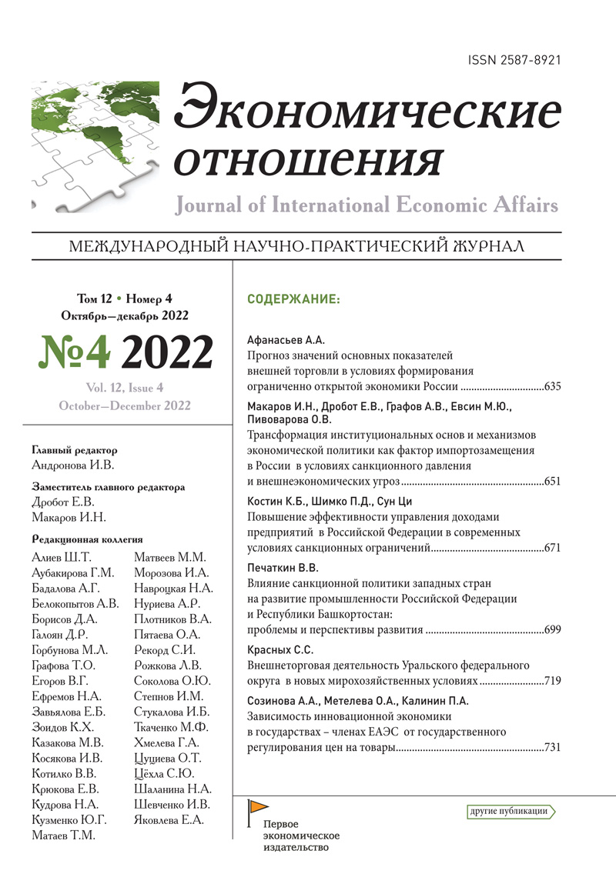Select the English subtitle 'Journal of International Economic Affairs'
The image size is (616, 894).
coord(367,205)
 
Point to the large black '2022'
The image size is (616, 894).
coord(167,352)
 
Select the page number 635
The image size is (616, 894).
coord(552,387)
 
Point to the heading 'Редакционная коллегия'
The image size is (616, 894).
coord(88,539)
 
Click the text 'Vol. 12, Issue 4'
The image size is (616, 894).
coord(126,388)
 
